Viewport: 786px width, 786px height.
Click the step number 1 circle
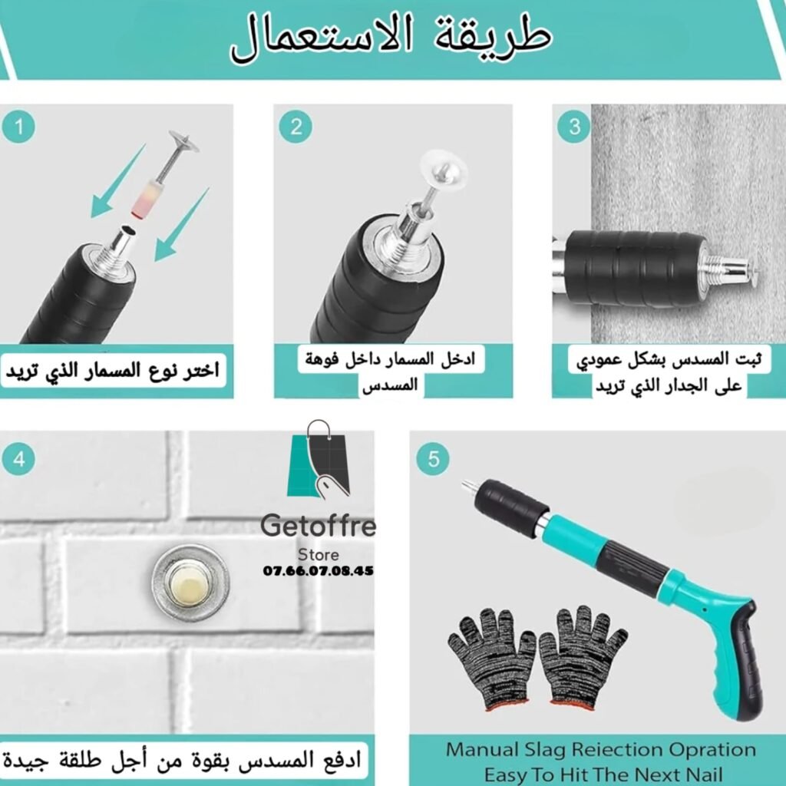pyautogui.click(x=18, y=127)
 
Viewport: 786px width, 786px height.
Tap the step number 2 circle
pyautogui.click(x=296, y=127)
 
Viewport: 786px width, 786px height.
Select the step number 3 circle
pyautogui.click(x=574, y=127)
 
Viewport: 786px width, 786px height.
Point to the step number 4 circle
pyautogui.click(x=18, y=459)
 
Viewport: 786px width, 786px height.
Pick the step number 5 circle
pyautogui.click(x=433, y=459)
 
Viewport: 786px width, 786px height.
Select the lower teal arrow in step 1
pyautogui.click(x=180, y=226)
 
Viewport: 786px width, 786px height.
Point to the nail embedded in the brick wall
pyautogui.click(x=190, y=583)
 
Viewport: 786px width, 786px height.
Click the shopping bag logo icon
pyautogui.click(x=319, y=459)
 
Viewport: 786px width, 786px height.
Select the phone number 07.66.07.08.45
pyautogui.click(x=319, y=571)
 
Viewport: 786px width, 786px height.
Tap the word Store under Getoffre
pyautogui.click(x=319, y=555)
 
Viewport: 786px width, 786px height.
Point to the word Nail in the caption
pyautogui.click(x=701, y=774)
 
